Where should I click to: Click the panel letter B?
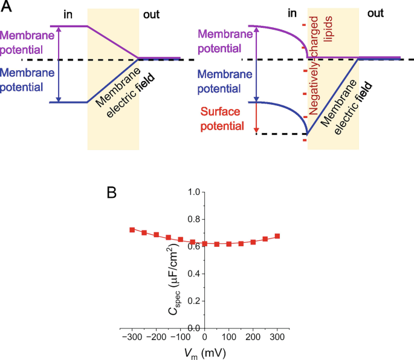click(x=112, y=193)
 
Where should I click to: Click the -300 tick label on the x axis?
click(x=131, y=336)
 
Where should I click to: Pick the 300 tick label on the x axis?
click(x=277, y=336)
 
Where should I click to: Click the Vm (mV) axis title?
click(x=205, y=352)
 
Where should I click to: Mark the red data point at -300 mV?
click(x=132, y=230)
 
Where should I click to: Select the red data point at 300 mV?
click(x=277, y=236)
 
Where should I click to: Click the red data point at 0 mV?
click(x=205, y=244)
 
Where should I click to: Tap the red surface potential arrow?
click(x=256, y=118)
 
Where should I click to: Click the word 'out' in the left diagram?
click(x=151, y=14)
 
